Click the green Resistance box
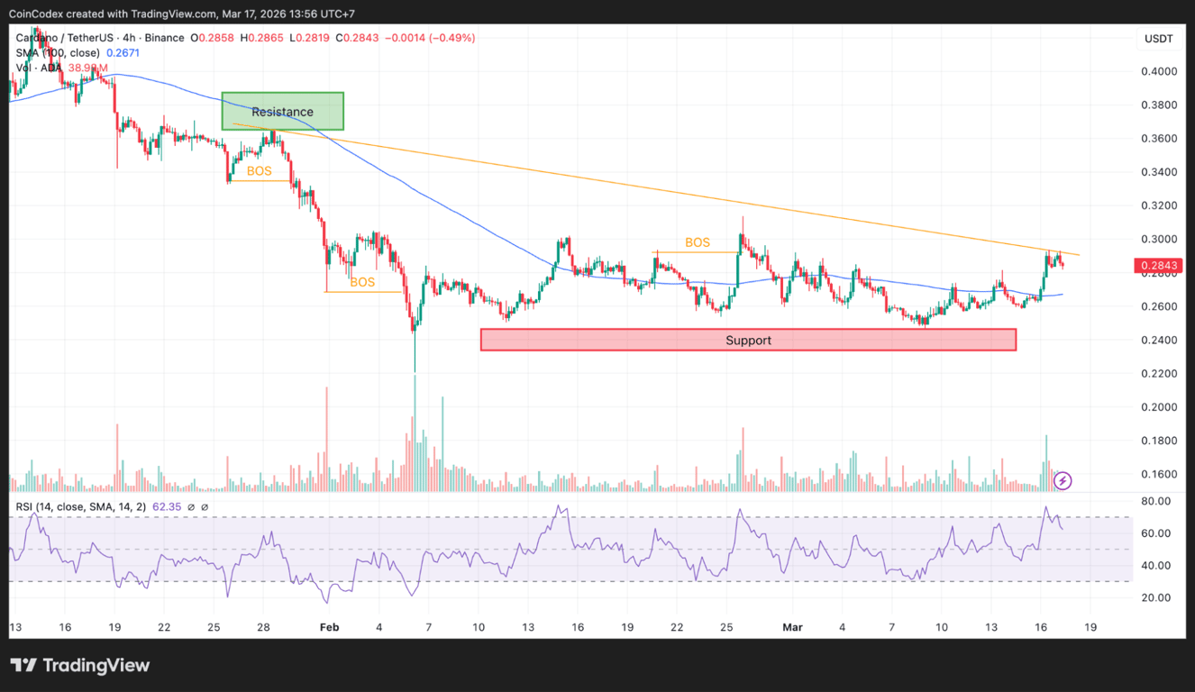(x=283, y=112)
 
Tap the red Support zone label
(x=749, y=340)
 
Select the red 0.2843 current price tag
(x=1158, y=266)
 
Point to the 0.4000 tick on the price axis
(x=1158, y=71)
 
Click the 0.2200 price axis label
(x=1158, y=374)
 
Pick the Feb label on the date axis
(x=329, y=627)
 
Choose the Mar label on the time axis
(x=792, y=627)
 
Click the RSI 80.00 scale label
(x=1155, y=501)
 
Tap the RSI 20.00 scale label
(x=1155, y=597)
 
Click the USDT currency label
(x=1158, y=39)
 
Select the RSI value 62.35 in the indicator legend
(x=168, y=507)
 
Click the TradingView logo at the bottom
(x=80, y=666)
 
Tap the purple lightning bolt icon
(x=1063, y=480)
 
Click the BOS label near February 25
(x=698, y=242)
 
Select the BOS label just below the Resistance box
(x=259, y=171)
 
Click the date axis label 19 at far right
(x=1090, y=627)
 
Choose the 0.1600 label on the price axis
(x=1158, y=474)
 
